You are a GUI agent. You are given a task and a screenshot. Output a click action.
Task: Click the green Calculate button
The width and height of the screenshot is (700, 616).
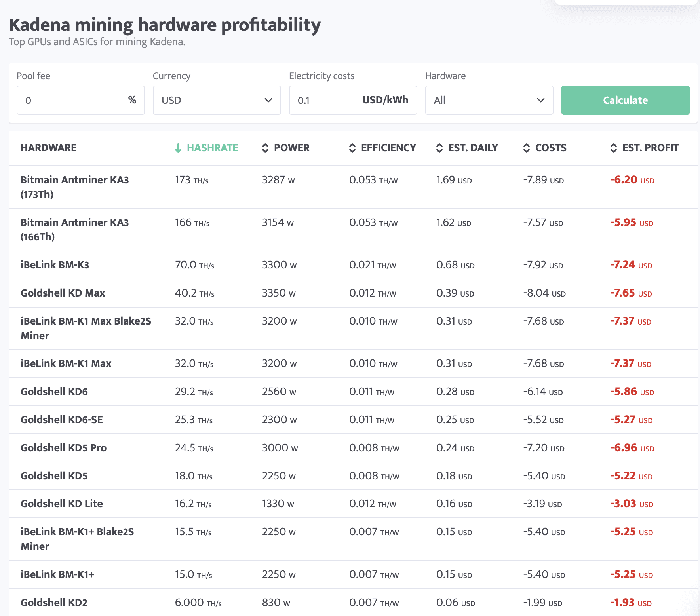pyautogui.click(x=625, y=100)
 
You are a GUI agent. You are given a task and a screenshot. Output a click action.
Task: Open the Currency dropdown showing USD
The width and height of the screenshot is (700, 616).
pyautogui.click(x=217, y=100)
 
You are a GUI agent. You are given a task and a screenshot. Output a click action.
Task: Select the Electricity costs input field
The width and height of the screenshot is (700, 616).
pyautogui.click(x=329, y=100)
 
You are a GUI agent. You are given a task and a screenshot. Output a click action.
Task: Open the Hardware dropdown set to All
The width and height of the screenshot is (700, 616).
pyautogui.click(x=489, y=100)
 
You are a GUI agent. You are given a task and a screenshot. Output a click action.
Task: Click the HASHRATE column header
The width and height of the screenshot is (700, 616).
pyautogui.click(x=212, y=148)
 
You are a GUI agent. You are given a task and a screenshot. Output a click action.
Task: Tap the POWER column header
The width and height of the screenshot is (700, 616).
pyautogui.click(x=291, y=148)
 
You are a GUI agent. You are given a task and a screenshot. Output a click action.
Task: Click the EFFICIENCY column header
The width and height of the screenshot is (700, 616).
pyautogui.click(x=388, y=148)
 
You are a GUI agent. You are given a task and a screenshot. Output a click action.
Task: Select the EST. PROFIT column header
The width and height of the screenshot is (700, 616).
pyautogui.click(x=650, y=148)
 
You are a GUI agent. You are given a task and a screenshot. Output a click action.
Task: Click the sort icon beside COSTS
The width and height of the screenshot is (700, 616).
pyautogui.click(x=527, y=148)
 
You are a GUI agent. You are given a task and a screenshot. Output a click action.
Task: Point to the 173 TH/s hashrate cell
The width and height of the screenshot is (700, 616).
pyautogui.click(x=192, y=180)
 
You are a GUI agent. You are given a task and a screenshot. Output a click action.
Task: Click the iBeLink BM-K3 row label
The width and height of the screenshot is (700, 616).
pyautogui.click(x=55, y=265)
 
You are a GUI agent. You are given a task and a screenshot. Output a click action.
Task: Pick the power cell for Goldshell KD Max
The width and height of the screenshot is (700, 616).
pyautogui.click(x=279, y=293)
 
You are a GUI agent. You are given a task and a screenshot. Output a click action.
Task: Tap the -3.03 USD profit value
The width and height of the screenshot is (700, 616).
pyautogui.click(x=632, y=504)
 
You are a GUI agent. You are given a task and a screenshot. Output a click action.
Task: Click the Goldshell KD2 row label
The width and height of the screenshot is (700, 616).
pyautogui.click(x=54, y=603)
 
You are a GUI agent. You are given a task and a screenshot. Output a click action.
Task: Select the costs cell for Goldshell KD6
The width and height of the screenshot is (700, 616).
pyautogui.click(x=543, y=392)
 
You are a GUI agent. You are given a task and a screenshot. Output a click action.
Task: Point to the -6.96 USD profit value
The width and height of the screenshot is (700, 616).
pyautogui.click(x=632, y=448)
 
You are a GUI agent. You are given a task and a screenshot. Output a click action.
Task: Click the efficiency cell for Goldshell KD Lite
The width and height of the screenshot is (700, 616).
pyautogui.click(x=373, y=504)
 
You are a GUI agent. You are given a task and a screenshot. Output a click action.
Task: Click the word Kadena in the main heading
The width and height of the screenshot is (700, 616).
pyautogui.click(x=45, y=25)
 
